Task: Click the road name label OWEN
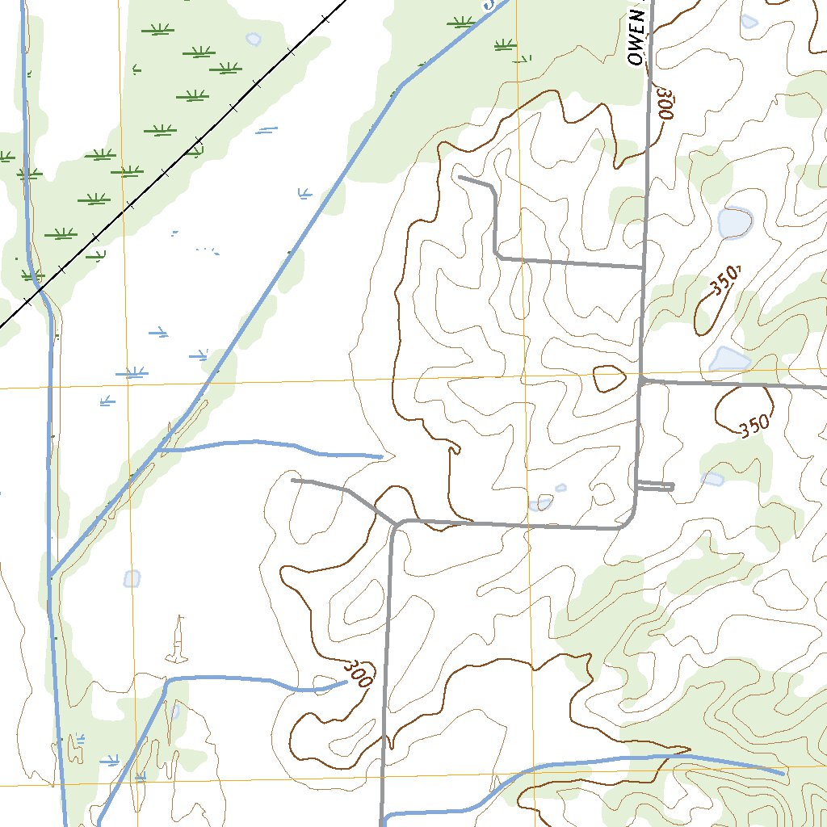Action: click(638, 45)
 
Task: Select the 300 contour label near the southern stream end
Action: click(357, 674)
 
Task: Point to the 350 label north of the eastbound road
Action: click(724, 282)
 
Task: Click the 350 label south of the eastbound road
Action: click(752, 426)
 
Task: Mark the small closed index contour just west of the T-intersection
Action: click(610, 379)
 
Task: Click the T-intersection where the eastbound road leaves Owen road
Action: click(640, 379)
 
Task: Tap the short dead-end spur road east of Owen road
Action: click(656, 486)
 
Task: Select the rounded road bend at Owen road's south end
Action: click(629, 519)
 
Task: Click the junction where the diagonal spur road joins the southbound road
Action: click(394, 523)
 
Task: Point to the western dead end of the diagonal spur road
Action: click(292, 480)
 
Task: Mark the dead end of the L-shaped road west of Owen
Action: click(459, 176)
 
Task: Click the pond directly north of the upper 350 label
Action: click(735, 222)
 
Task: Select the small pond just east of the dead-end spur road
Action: click(712, 479)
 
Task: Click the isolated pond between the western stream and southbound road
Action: click(132, 578)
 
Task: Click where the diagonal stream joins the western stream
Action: click(50, 576)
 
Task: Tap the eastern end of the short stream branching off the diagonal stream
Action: click(380, 457)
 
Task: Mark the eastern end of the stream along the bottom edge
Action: click(782, 774)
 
